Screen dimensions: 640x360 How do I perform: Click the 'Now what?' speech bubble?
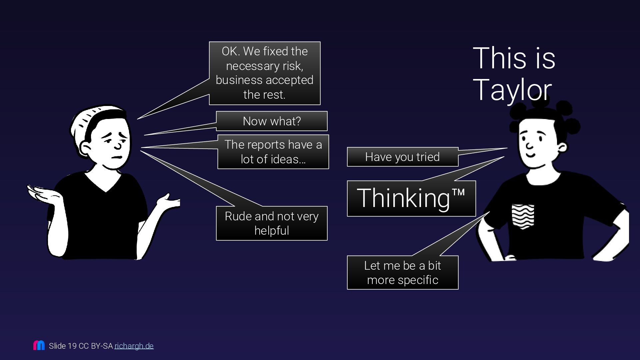[x=272, y=121]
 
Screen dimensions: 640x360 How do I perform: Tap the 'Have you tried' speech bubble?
[x=402, y=157]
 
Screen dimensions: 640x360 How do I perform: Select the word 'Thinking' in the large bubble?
[x=403, y=198]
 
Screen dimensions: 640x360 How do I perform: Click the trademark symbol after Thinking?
[x=458, y=192]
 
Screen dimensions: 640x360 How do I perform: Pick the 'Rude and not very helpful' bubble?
[x=272, y=223]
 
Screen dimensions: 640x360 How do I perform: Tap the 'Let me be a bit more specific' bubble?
[x=402, y=273]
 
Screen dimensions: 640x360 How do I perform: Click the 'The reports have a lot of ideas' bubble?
[x=273, y=152]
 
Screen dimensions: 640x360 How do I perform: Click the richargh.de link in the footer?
[x=134, y=346]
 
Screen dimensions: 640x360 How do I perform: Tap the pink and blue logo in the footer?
[x=39, y=345]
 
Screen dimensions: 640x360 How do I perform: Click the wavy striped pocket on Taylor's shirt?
[x=523, y=216]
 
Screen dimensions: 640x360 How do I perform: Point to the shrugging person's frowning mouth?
[x=117, y=157]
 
